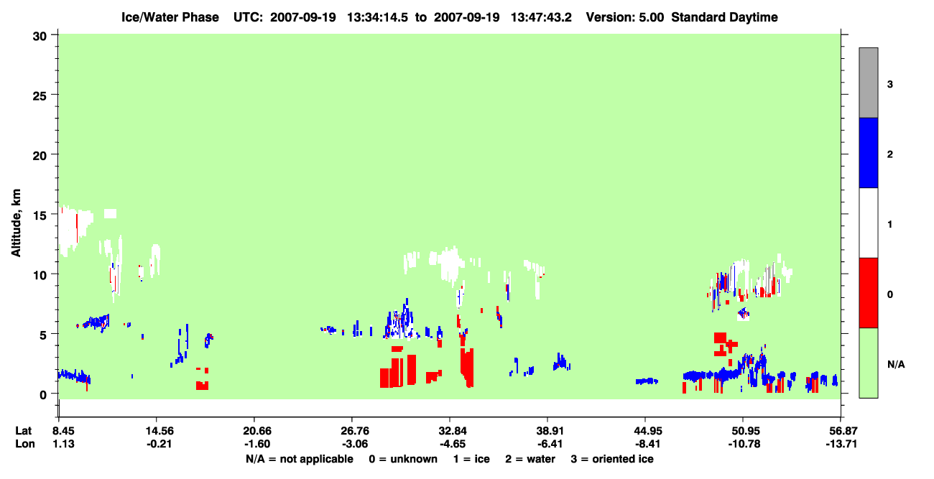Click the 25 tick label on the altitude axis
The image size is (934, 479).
point(40,96)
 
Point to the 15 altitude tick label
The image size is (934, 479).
point(40,215)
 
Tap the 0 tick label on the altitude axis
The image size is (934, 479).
point(43,395)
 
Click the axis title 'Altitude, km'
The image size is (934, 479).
point(16,223)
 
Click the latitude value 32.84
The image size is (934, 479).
point(453,431)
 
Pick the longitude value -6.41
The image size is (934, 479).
point(547,444)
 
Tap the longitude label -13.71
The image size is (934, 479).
point(841,444)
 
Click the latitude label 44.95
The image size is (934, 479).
point(648,431)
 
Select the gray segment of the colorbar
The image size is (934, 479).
point(868,83)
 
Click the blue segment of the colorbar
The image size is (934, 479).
point(868,152)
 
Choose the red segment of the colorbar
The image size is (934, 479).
point(868,293)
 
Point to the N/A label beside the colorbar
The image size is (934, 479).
point(896,365)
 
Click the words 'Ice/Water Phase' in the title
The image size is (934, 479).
point(170,17)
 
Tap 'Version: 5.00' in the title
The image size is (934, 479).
point(624,17)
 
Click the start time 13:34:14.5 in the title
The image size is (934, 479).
point(377,17)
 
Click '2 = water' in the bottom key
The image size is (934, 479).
point(530,459)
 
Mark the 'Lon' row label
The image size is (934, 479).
point(25,444)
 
